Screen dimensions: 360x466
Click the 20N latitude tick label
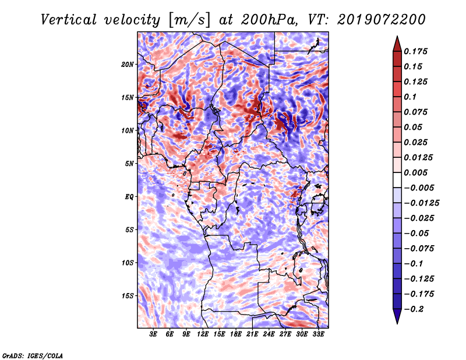[128, 64]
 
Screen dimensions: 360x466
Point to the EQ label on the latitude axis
[129, 197]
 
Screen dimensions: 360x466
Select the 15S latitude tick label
[128, 296]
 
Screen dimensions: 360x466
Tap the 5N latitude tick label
[129, 164]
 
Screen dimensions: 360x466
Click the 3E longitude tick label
[153, 335]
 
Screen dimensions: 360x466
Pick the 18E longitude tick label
[235, 335]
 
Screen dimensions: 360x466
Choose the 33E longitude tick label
[318, 335]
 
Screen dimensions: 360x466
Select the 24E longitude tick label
[269, 335]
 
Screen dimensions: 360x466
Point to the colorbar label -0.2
[415, 309]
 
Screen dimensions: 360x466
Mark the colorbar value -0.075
[419, 248]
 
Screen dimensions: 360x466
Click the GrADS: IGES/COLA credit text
[32, 355]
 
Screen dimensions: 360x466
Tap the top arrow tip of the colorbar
[396, 38]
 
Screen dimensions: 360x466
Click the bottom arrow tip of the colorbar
[396, 322]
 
